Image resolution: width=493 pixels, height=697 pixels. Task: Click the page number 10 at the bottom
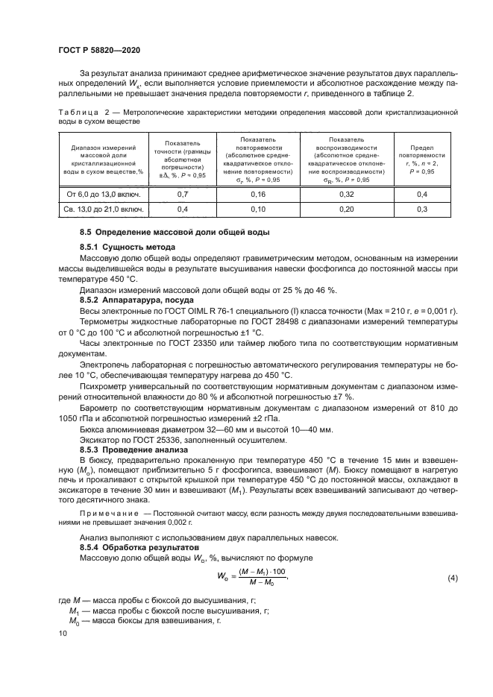tap(62, 632)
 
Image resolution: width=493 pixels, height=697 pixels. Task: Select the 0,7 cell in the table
tap(182, 194)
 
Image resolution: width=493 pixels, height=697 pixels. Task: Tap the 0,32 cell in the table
tap(347, 194)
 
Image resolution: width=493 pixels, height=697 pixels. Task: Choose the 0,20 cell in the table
tap(347, 209)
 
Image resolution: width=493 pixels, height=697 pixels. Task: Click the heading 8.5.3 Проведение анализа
tap(134, 450)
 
